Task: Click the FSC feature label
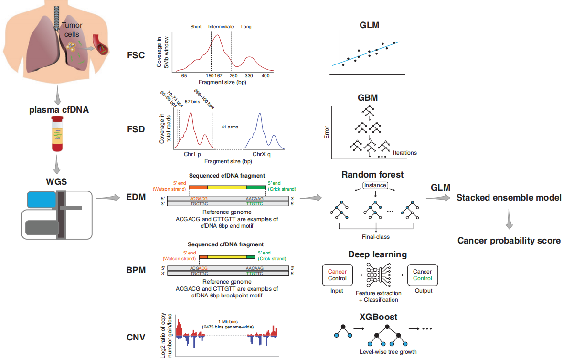pos(136,55)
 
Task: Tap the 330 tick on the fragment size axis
pos(249,76)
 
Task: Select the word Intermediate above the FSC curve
pos(221,27)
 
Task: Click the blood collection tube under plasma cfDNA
pos(57,134)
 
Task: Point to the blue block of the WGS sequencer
pos(41,200)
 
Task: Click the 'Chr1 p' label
pos(192,154)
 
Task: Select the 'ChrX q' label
pos(261,154)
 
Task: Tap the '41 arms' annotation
pos(230,127)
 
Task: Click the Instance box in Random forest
pos(375,185)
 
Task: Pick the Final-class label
pos(376,237)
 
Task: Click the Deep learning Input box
pos(337,275)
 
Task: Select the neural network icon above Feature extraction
pos(379,275)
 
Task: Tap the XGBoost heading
pos(379,317)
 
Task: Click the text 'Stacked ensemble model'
pos(509,198)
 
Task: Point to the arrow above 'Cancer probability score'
pos(509,219)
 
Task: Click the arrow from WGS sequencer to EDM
pos(108,198)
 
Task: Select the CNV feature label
pos(136,338)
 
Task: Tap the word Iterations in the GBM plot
pos(404,153)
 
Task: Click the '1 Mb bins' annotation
pos(228,322)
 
